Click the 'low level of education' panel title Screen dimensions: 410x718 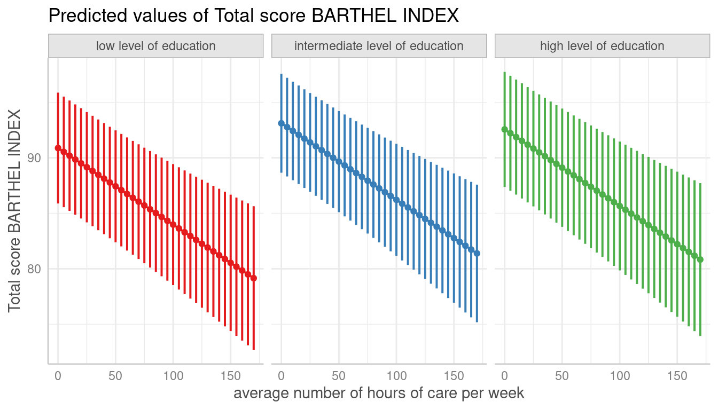tap(155, 46)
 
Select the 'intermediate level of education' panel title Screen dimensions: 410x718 tap(379, 46)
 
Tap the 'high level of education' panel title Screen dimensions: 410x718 tap(602, 46)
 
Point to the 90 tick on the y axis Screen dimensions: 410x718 tap(35, 158)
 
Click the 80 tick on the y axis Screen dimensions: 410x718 tap(35, 269)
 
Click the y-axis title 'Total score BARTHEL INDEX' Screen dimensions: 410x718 tap(14, 210)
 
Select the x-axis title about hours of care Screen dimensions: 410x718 tap(379, 393)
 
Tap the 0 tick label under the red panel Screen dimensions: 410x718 tap(58, 376)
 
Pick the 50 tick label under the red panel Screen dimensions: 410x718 tap(115, 376)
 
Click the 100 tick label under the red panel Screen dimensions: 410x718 tap(173, 376)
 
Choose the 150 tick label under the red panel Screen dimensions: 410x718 tap(230, 376)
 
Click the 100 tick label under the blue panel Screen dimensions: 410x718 tap(396, 376)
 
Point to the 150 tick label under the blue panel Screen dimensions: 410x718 tap(454, 376)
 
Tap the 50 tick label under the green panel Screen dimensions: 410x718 tap(561, 376)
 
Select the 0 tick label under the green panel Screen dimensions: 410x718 tap(504, 376)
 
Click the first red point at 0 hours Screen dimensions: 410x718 tap(58, 148)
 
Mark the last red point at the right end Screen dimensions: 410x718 tap(254, 278)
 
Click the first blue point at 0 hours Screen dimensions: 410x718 tap(281, 123)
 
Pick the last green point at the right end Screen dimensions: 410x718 tap(700, 259)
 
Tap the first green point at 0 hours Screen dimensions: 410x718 tap(504, 129)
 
